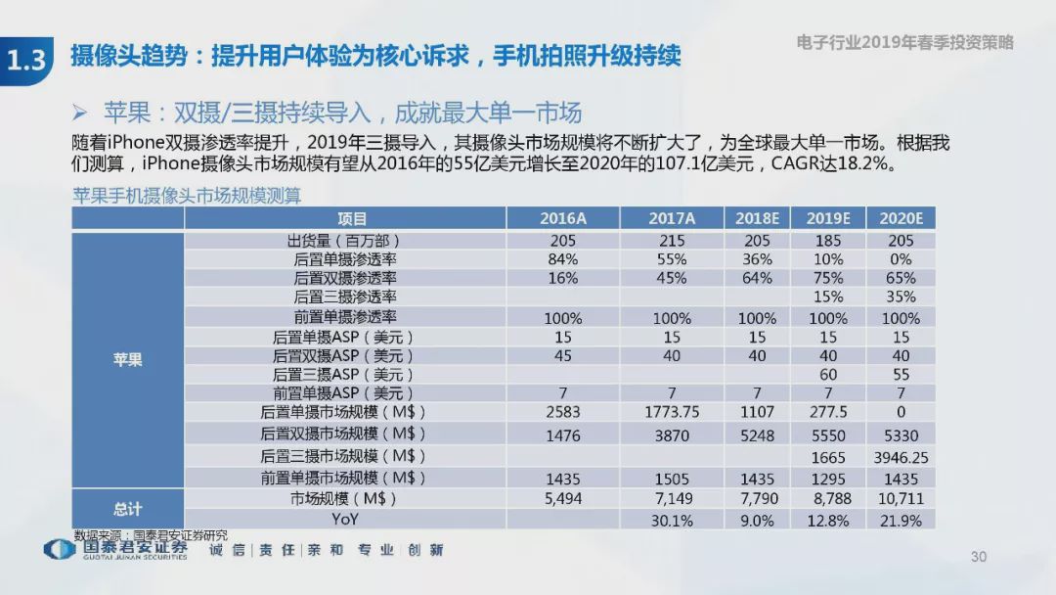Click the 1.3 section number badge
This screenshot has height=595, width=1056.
[26, 60]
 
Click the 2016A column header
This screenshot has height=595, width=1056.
[563, 218]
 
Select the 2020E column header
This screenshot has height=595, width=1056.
[901, 218]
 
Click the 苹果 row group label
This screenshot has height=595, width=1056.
[127, 359]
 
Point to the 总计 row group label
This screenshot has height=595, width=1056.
[127, 509]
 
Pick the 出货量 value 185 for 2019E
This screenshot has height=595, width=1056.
[828, 240]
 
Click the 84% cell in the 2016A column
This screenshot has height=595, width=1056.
[563, 259]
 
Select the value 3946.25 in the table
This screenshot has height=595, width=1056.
[901, 456]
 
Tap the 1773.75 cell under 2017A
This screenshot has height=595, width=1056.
[672, 412]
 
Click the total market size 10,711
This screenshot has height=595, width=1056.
[901, 499]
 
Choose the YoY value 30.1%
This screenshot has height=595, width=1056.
[672, 521]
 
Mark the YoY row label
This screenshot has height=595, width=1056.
[346, 520]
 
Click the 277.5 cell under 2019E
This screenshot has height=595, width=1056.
[828, 412]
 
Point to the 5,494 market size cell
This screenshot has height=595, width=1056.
[563, 499]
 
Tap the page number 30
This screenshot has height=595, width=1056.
[979, 557]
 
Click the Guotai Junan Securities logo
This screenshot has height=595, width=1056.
[116, 549]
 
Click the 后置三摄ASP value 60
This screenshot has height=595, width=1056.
[828, 374]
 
